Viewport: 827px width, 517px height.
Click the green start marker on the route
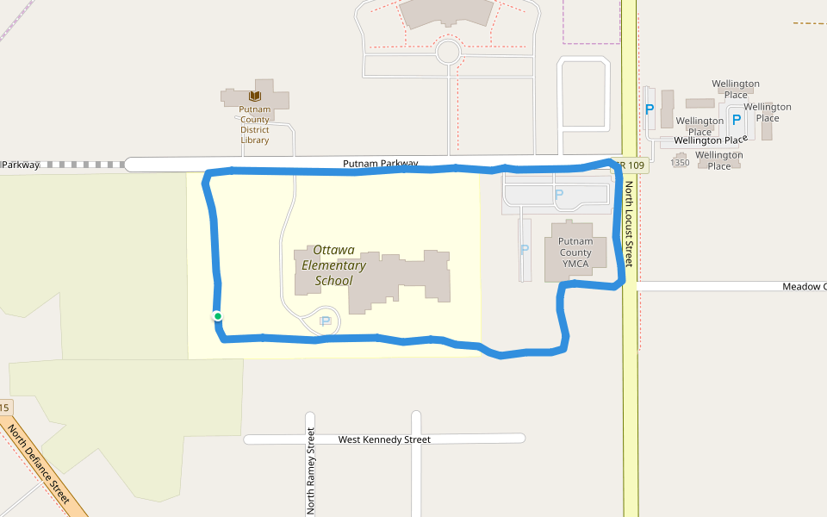pos(218,316)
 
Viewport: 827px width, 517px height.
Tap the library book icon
pos(255,96)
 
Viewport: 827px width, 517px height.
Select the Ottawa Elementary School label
pos(333,265)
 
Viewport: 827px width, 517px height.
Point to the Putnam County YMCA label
pos(575,252)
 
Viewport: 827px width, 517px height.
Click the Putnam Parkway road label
pos(380,163)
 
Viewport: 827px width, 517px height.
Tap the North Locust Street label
pos(630,223)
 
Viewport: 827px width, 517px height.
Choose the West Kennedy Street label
pos(384,439)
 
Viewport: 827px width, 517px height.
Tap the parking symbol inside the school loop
pos(326,321)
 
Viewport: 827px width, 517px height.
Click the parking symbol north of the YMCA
pos(558,195)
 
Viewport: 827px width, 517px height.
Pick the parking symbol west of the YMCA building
pos(524,250)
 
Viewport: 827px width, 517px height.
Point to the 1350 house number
pos(681,162)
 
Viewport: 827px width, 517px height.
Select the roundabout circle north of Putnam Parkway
pos(448,52)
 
